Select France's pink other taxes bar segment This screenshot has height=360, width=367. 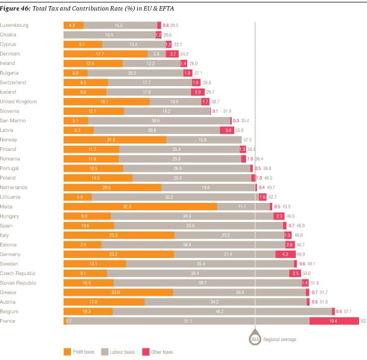pos(333,321)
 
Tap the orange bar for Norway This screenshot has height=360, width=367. pos(115,140)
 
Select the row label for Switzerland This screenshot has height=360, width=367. pos(13,83)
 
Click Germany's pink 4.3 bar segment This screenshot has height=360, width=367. pos(285,254)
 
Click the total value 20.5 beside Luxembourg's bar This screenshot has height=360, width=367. pos(174,26)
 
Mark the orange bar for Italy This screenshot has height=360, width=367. pos(119,235)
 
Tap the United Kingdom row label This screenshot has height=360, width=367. pos(19,101)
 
